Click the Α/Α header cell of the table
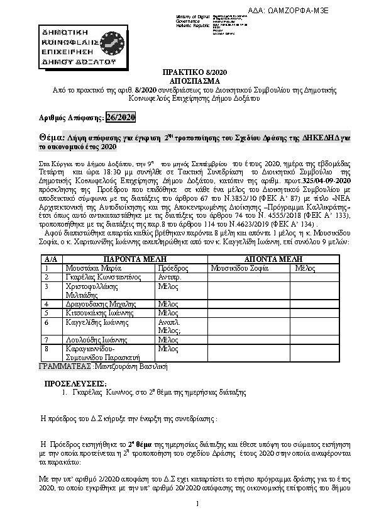tap(51, 259)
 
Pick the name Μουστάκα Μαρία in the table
tap(91, 268)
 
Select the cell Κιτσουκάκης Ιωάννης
tap(97, 312)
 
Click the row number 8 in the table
tap(47, 348)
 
